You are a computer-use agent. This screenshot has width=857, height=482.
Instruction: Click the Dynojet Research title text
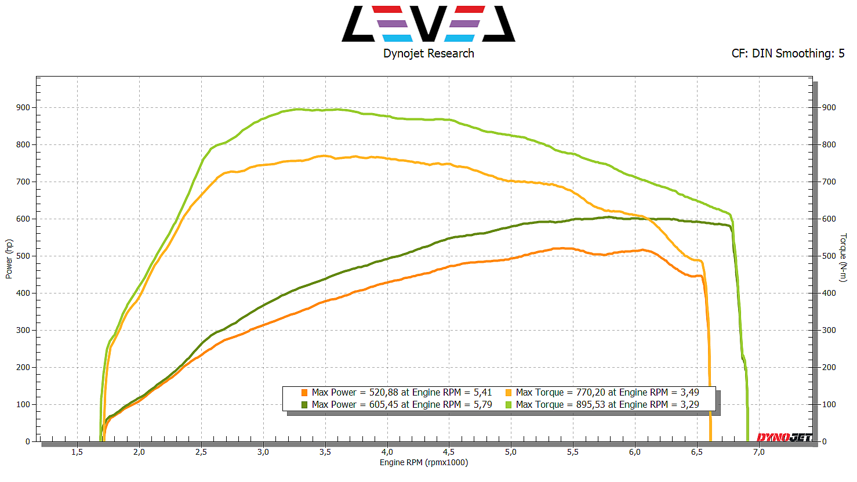[428, 53]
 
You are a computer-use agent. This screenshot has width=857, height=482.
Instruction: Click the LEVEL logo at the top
[428, 24]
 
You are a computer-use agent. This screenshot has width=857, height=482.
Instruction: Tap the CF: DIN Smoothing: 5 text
[787, 53]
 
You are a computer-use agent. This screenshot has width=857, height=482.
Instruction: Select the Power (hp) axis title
[9, 259]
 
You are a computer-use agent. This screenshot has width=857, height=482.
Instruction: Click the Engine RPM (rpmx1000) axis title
[424, 462]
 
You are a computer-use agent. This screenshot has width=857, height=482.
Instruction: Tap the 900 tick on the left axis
[23, 108]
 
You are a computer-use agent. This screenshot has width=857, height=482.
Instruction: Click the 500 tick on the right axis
[829, 256]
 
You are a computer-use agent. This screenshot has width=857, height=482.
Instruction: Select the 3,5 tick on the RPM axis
[325, 452]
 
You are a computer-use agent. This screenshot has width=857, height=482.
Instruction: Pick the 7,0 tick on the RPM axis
[758, 452]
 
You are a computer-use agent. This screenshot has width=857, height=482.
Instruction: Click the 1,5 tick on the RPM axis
[77, 452]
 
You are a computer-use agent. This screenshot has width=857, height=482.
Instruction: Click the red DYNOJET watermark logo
[784, 437]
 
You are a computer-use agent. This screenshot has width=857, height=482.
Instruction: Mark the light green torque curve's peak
[299, 109]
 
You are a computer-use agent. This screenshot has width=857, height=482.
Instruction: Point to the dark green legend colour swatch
[304, 404]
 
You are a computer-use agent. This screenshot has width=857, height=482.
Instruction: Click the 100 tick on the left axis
[23, 405]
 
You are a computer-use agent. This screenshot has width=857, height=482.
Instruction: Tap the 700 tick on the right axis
[829, 182]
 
